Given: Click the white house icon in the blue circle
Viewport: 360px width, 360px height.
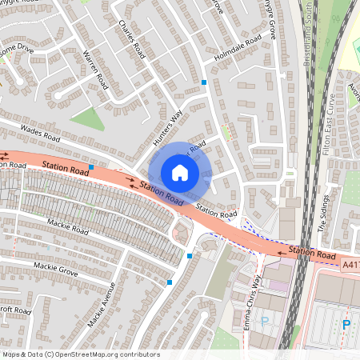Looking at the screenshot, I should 179,173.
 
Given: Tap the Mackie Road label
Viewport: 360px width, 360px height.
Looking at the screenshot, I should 67,227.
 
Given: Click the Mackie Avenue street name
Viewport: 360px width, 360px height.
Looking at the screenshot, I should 104,305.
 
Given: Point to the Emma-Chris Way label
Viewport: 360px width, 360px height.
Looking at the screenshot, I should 254,303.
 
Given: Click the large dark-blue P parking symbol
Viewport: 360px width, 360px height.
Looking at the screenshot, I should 346,324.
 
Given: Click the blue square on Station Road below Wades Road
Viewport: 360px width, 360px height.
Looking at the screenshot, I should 92,167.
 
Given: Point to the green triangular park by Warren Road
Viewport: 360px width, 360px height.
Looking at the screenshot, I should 87,119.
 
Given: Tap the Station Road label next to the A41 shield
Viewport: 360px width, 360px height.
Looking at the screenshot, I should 312,254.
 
